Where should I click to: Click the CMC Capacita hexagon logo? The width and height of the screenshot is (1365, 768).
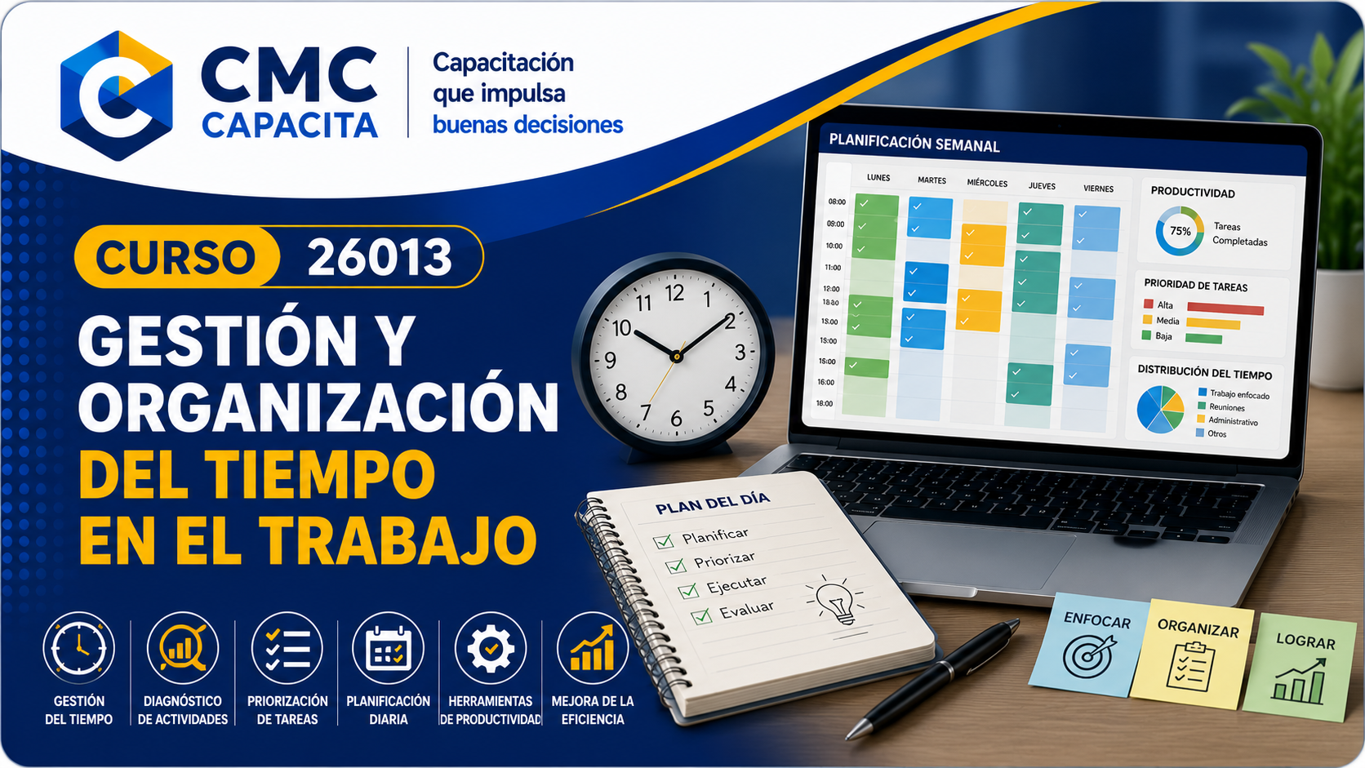pos(117,95)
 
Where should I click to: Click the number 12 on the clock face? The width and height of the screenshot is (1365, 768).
pos(674,294)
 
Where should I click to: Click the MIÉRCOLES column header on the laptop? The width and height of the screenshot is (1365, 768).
pos(987,183)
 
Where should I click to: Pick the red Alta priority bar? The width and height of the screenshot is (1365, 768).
pos(1225,309)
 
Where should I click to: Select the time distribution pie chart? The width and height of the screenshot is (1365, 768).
pos(1160,409)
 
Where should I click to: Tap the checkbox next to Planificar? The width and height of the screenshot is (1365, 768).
pos(662,541)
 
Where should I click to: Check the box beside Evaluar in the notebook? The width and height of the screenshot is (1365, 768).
pos(701,616)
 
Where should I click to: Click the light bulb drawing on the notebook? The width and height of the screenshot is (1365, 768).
pos(835,602)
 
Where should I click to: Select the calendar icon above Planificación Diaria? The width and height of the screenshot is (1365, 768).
pos(388,649)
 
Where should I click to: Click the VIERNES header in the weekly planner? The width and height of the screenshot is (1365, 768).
pos(1098,189)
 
